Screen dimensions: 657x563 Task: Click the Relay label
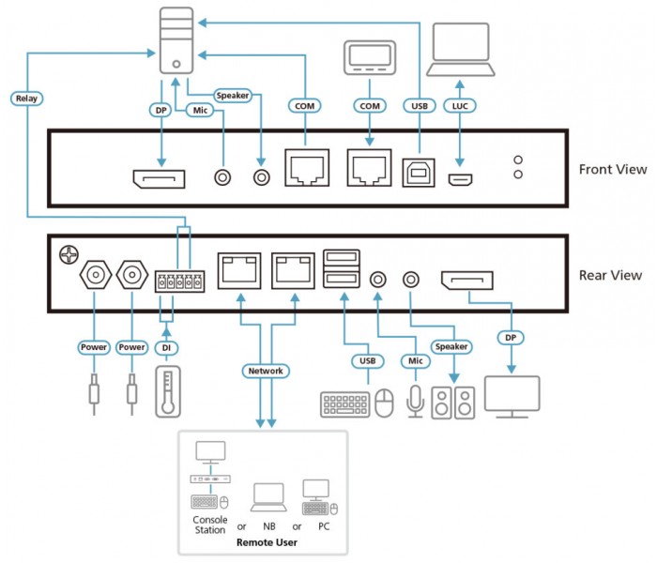point(26,99)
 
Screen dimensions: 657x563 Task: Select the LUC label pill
point(460,106)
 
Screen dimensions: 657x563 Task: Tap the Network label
point(266,371)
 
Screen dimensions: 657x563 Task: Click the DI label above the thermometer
point(166,348)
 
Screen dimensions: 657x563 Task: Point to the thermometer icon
point(168,391)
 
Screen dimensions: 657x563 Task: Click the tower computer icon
point(176,40)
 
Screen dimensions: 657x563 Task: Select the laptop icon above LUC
point(461,50)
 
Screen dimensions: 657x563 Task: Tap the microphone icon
point(415,402)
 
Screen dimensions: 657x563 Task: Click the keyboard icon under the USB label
point(344,404)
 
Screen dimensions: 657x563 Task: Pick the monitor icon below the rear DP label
point(512,397)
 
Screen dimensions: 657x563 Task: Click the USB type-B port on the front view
point(419,172)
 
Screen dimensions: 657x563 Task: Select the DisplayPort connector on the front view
point(159,179)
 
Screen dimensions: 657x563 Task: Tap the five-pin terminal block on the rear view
point(180,281)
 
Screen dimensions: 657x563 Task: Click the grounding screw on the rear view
point(69,254)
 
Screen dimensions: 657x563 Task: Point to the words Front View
point(613,169)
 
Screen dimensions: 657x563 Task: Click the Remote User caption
point(267,542)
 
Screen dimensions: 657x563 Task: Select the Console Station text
point(210,525)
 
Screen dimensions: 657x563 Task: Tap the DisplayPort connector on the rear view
point(467,281)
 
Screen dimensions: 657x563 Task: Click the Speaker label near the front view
point(233,96)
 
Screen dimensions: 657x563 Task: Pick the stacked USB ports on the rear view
point(342,268)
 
